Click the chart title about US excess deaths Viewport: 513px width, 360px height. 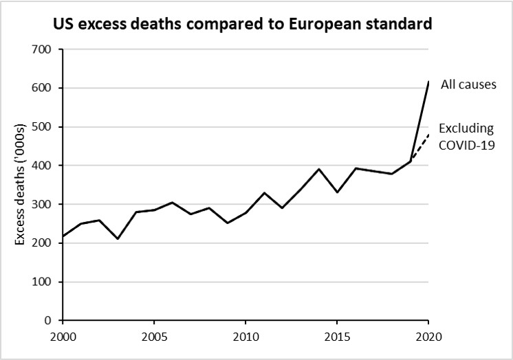click(x=243, y=24)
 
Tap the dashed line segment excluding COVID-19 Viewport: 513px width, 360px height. click(x=420, y=147)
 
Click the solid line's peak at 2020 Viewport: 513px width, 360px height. click(x=428, y=82)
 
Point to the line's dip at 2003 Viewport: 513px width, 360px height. click(x=118, y=238)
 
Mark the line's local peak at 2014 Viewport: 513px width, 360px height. click(x=318, y=169)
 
